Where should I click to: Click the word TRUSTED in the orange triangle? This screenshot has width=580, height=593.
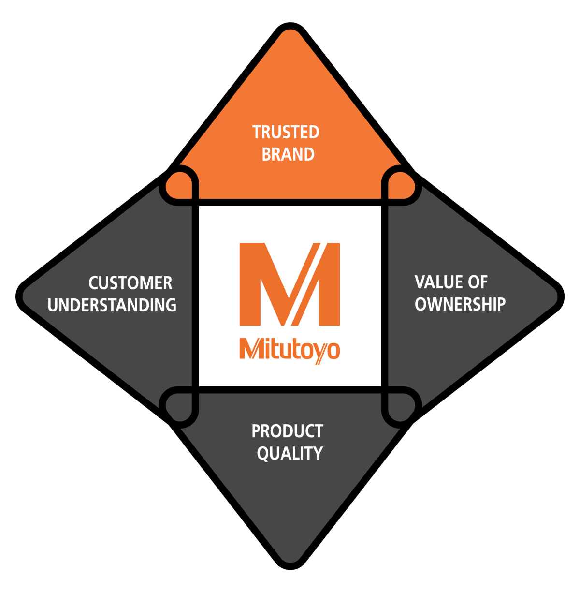(286, 132)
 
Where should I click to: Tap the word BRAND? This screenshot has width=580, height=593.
(288, 154)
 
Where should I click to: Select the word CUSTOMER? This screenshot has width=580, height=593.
(130, 283)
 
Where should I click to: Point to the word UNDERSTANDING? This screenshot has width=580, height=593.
(112, 305)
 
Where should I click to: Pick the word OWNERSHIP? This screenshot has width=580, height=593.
(460, 304)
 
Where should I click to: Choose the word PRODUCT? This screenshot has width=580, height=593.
(287, 431)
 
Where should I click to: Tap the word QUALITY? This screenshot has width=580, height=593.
(290, 453)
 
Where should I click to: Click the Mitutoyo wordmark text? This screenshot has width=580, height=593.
(290, 349)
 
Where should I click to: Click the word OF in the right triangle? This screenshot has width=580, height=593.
(477, 282)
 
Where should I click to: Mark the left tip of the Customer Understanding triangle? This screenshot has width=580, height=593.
(26, 296)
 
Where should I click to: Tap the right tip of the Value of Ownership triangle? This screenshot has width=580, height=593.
(554, 296)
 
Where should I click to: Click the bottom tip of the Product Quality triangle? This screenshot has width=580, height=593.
(290, 559)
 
